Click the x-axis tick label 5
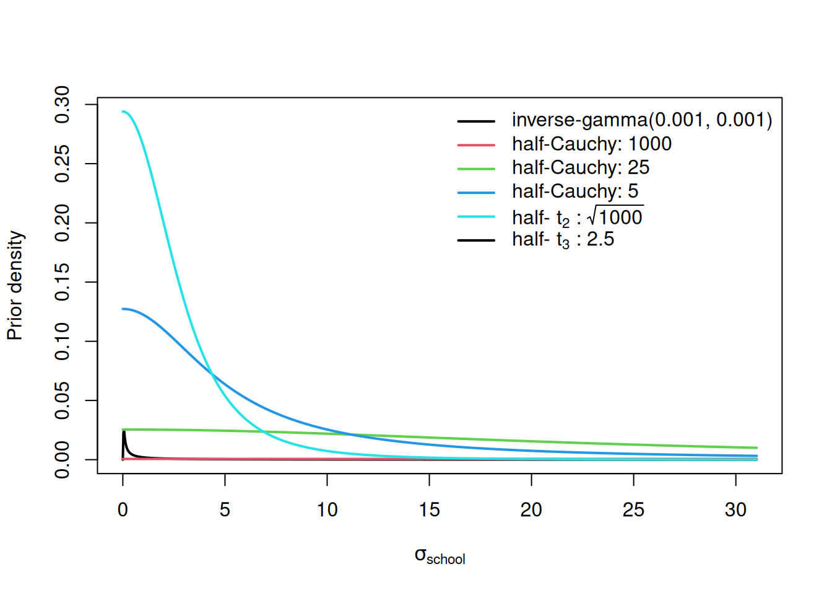click(x=225, y=509)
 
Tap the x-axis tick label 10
click(x=327, y=509)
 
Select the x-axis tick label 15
click(x=429, y=509)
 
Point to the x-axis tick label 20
click(x=531, y=509)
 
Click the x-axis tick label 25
click(x=633, y=509)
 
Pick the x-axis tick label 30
click(x=735, y=509)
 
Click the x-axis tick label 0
click(x=123, y=509)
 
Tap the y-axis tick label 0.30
click(x=63, y=105)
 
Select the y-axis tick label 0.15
click(x=63, y=282)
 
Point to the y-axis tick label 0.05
click(x=63, y=400)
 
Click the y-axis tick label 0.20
click(x=63, y=223)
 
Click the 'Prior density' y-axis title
click(x=15, y=286)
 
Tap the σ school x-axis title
click(x=440, y=556)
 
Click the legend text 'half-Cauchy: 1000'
click(x=591, y=144)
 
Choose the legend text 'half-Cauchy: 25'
click(x=580, y=167)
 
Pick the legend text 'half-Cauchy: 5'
click(x=574, y=191)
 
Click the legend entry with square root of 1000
click(x=577, y=217)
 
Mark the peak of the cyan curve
click(x=124, y=112)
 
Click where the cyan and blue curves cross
click(x=212, y=375)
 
